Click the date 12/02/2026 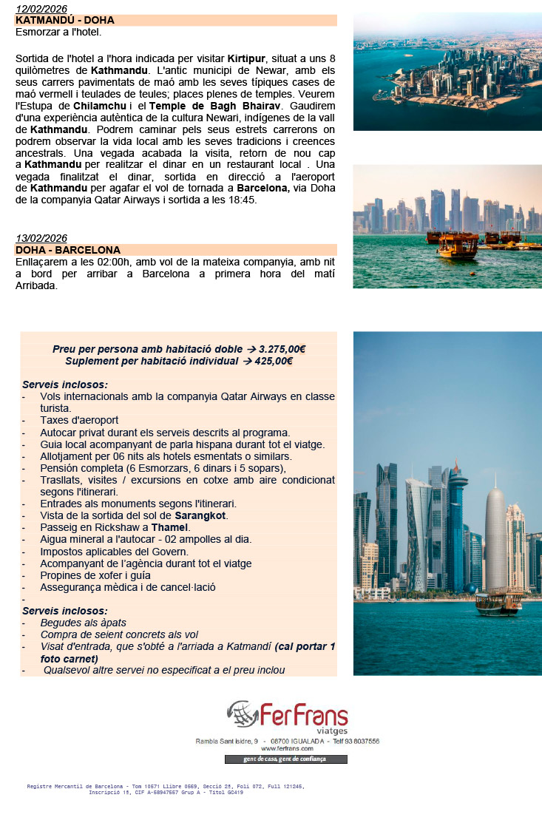point(41,9)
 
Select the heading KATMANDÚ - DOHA point(64,20)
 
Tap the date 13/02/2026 point(41,238)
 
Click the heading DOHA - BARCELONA point(67,250)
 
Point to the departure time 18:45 point(243,200)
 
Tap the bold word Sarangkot point(200,515)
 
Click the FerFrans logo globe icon point(242,715)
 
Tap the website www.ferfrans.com point(287,748)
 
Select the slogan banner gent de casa point(285,759)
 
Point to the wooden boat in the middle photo point(457,246)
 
